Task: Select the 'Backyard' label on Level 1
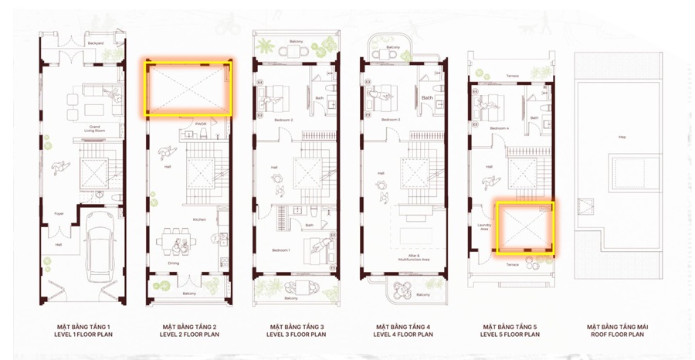pos(96,43)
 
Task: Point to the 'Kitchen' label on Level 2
pos(199,219)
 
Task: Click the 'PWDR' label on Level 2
pos(200,124)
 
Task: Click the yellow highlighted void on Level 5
pos(524,228)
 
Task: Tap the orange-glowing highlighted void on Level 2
pos(188,87)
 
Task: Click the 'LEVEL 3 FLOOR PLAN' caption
pos(297,335)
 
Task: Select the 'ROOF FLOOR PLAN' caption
pos(617,335)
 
